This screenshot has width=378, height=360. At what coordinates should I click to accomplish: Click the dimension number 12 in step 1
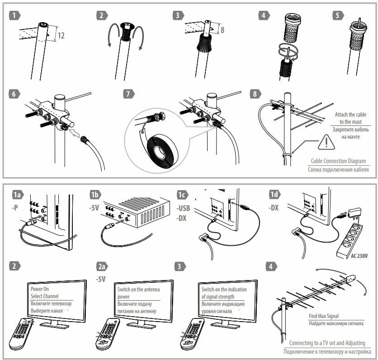point(61,35)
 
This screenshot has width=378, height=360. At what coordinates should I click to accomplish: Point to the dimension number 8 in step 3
point(223,30)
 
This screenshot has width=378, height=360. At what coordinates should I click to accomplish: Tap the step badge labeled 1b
point(96,195)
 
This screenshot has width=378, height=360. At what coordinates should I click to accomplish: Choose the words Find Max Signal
point(324,316)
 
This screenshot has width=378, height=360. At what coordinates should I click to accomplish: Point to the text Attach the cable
point(350,115)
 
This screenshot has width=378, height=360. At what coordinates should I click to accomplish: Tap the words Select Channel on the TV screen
point(44,296)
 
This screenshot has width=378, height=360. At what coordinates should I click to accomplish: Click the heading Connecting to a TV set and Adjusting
point(327,343)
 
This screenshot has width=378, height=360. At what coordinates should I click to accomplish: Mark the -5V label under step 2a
point(100,279)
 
